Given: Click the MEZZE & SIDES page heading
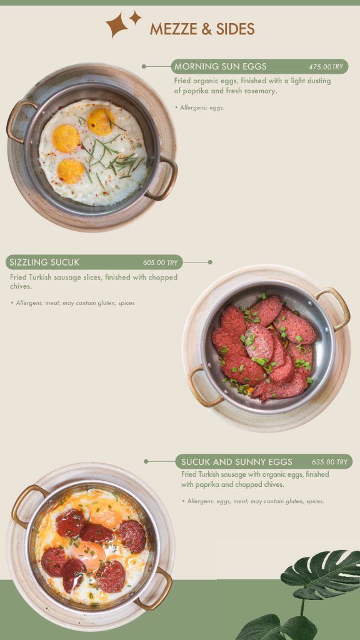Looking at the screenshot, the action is click(202, 29).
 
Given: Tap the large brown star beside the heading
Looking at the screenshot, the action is click(117, 25).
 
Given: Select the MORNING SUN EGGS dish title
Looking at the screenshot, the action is click(221, 66).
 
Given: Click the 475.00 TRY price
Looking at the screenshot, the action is click(326, 67).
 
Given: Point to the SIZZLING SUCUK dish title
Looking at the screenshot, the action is click(44, 262).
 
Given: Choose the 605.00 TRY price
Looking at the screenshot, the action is click(161, 262).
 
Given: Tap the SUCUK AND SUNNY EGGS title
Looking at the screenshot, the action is click(237, 462).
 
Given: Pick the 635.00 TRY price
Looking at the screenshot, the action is click(330, 462).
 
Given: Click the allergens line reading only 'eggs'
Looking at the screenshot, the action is click(199, 107).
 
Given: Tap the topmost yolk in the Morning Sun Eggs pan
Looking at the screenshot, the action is click(101, 121).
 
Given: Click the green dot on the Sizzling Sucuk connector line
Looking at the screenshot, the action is click(210, 262).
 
